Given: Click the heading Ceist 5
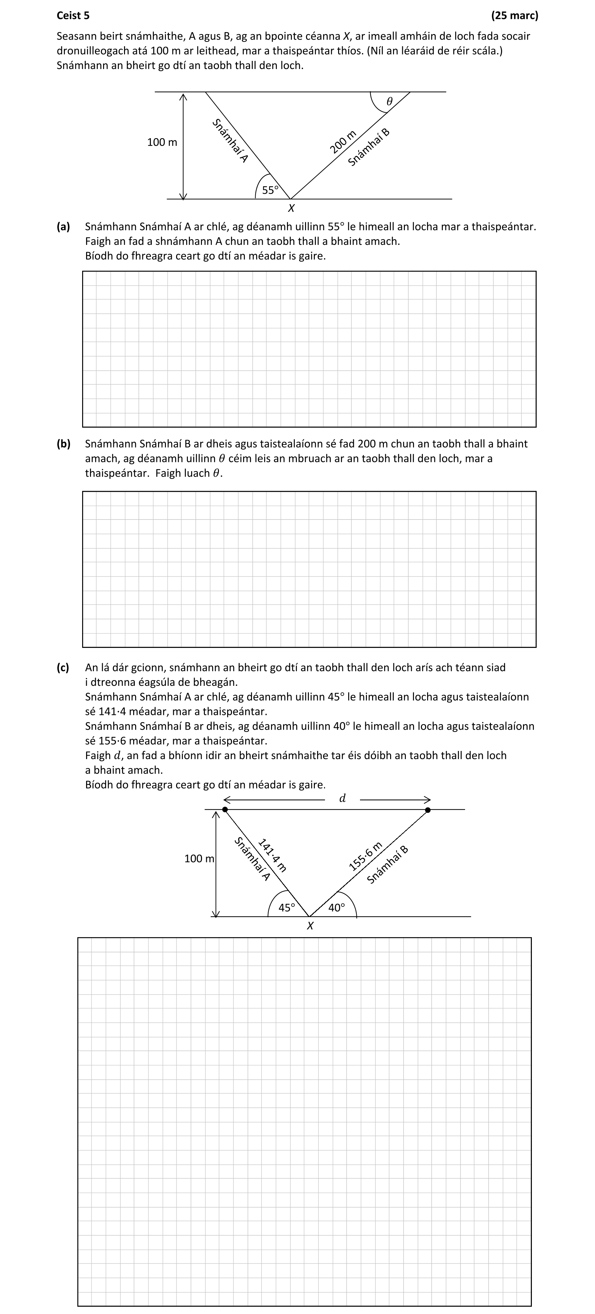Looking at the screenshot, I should point(73,15).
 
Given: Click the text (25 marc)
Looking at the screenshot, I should point(514,15).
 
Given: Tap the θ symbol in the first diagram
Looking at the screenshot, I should point(389,101).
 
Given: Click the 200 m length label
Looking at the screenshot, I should point(343,142).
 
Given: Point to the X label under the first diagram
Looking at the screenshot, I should point(291,208).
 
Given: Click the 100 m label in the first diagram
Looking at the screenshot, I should point(162,142).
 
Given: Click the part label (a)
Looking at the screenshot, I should point(63,227).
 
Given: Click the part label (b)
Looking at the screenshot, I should point(63,444).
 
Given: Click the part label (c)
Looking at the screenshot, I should point(63,667).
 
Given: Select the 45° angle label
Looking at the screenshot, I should point(287,907).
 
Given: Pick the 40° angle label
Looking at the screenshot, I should point(336,907).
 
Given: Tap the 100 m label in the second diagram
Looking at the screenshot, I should point(199,859).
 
